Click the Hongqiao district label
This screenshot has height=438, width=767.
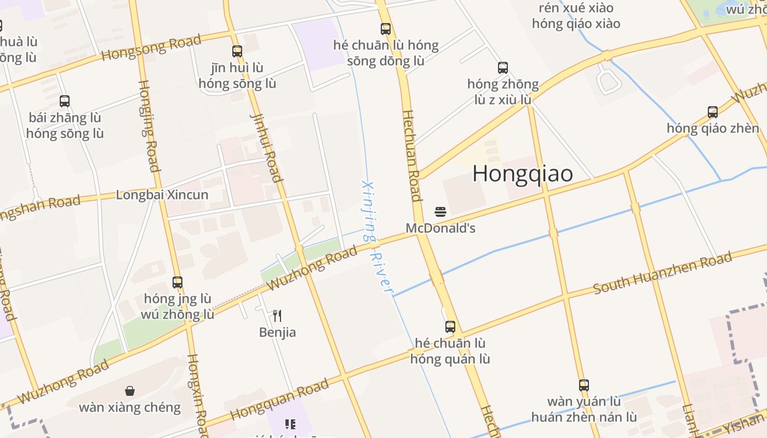(x=523, y=174)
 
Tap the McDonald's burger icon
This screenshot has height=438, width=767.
(x=440, y=211)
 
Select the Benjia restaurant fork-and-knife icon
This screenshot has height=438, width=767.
(x=277, y=315)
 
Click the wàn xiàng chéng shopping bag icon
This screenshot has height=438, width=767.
(x=130, y=390)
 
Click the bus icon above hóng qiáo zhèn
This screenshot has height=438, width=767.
(x=713, y=112)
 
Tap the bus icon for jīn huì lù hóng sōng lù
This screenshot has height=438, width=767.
(x=237, y=51)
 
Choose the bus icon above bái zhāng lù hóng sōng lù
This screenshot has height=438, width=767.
(x=65, y=101)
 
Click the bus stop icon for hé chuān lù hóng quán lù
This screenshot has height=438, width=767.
(x=450, y=327)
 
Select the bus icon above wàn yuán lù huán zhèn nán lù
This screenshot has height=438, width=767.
(x=584, y=385)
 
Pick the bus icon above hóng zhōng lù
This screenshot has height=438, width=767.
(x=503, y=68)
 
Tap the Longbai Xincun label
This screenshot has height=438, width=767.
(x=162, y=195)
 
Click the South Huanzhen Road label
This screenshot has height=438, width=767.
(x=662, y=272)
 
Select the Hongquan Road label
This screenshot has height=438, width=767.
(x=279, y=398)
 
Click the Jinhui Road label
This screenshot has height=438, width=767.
(x=266, y=147)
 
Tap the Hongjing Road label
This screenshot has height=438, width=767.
(x=148, y=125)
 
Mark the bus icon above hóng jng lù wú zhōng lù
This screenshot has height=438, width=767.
(x=178, y=283)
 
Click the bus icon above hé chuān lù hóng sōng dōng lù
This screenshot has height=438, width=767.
(x=386, y=28)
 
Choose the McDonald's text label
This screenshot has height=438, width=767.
(x=440, y=228)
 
